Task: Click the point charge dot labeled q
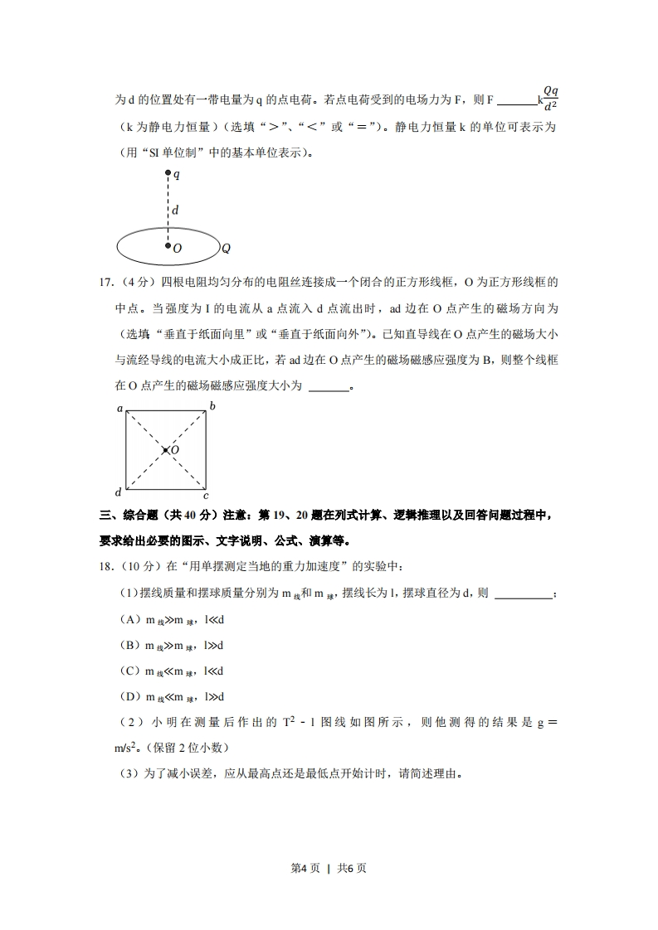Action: [x=168, y=174]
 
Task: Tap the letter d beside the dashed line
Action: [x=175, y=211]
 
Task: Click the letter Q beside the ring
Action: [x=226, y=248]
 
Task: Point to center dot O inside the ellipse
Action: [x=168, y=247]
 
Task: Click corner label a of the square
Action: [x=120, y=408]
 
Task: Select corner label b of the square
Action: [x=212, y=406]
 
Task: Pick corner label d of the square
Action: [x=119, y=492]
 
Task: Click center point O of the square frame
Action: [x=166, y=450]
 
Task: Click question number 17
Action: [x=106, y=283]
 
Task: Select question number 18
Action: [x=106, y=566]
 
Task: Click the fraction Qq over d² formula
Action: [x=550, y=98]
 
